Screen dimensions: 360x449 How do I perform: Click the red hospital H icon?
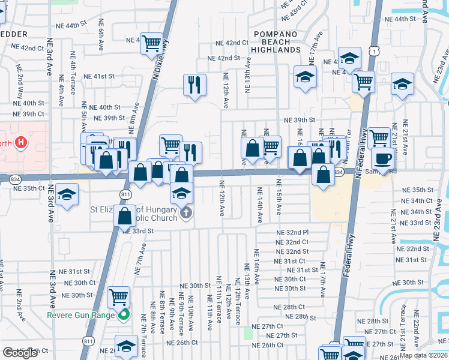click(x=22, y=143)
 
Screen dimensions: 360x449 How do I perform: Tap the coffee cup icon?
click(x=383, y=159)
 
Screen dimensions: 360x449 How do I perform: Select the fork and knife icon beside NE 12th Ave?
click(x=193, y=85)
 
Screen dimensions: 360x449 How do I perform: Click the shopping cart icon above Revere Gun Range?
click(x=119, y=296)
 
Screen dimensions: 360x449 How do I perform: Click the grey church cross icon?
click(x=186, y=212)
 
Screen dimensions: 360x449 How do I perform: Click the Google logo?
click(x=20, y=353)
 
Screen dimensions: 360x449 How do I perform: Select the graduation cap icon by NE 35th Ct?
click(x=67, y=195)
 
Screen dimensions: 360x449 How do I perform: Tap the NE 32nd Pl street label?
click(x=292, y=232)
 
